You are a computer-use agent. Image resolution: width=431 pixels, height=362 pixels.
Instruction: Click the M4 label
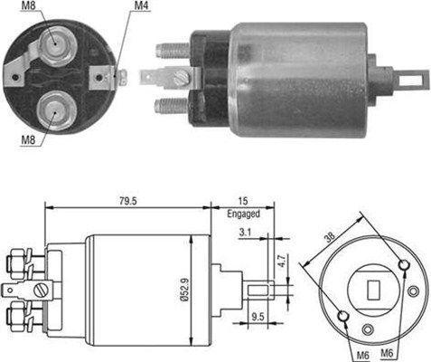(x=141, y=6)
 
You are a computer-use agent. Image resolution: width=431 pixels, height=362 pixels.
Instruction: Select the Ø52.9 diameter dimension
(x=207, y=284)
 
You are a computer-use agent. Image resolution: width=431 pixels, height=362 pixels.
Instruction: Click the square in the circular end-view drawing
(x=371, y=291)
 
